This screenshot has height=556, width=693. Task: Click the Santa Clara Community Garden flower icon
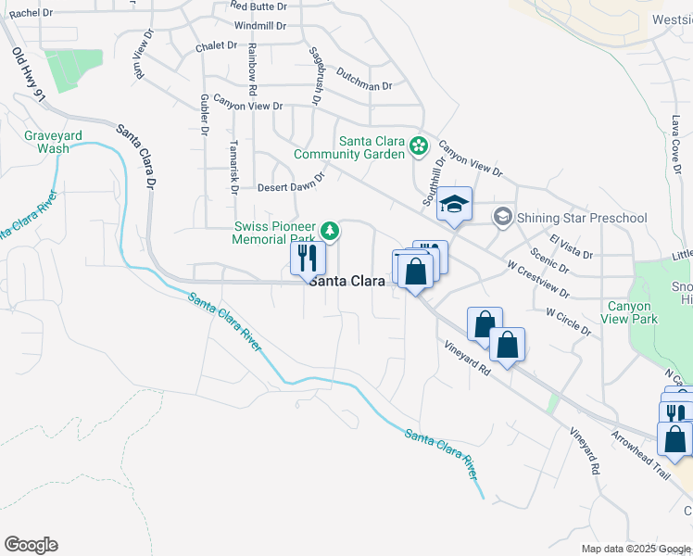[x=419, y=145]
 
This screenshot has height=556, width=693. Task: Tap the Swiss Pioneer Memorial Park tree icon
[x=329, y=230]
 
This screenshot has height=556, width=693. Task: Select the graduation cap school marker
[x=455, y=205]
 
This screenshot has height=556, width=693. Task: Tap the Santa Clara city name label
[x=347, y=281]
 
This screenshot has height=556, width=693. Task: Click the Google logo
[x=31, y=545]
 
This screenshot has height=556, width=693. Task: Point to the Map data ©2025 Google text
[x=635, y=549]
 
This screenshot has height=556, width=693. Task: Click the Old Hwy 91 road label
[x=29, y=76]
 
